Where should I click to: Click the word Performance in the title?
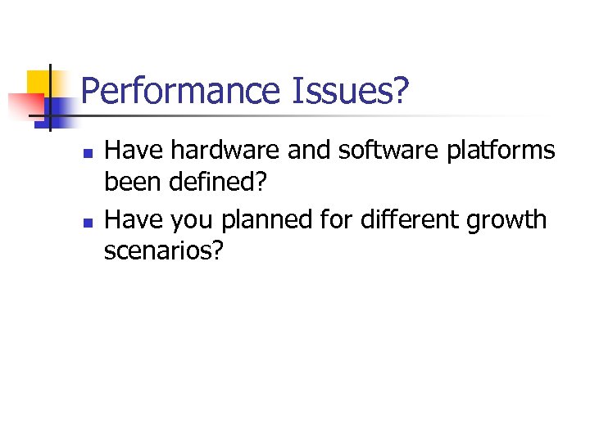pyautogui.click(x=181, y=92)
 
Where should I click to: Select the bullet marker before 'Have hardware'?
pyautogui.click(x=88, y=153)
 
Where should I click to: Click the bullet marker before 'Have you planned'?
pyautogui.click(x=88, y=222)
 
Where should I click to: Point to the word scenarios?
pyautogui.click(x=163, y=250)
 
